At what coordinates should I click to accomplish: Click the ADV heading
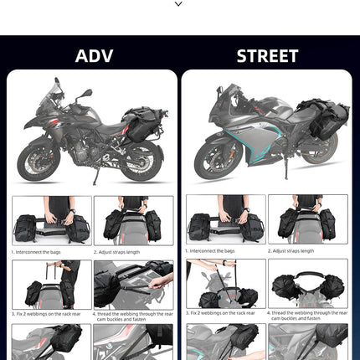(x=93, y=56)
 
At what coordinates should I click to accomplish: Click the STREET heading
(x=267, y=56)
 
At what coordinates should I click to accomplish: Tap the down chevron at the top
(x=179, y=5)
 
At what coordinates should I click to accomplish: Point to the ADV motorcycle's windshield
(x=59, y=89)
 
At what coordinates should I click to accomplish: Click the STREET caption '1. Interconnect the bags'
(x=213, y=251)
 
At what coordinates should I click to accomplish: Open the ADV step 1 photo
(x=51, y=220)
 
